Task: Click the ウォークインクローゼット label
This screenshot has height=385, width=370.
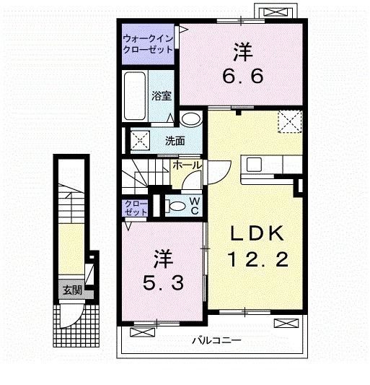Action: [147, 44]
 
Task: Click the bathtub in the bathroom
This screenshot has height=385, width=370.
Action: [134, 97]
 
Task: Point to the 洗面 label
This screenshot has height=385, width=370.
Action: [175, 141]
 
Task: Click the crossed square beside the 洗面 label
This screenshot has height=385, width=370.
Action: [139, 140]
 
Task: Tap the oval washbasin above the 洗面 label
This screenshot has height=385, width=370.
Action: [190, 120]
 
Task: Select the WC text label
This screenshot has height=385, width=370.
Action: [195, 206]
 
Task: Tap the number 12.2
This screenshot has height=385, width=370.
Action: [258, 259]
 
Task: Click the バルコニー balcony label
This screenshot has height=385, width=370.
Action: [216, 340]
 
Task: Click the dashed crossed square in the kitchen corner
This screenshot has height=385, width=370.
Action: [290, 121]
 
